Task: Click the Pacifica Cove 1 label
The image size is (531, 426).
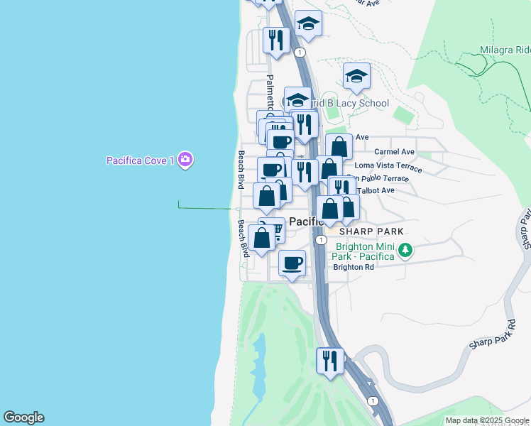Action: coord(141,160)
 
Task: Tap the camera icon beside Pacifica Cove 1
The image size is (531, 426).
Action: coord(185,160)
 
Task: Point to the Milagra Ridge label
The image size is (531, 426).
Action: coord(504,50)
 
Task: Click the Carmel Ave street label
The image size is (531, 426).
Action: coord(394,151)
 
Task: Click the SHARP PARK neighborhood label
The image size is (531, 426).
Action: coord(371,231)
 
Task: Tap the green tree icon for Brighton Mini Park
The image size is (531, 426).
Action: coord(405,250)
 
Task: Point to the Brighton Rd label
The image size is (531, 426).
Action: coord(354,267)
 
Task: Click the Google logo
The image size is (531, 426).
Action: coord(23,417)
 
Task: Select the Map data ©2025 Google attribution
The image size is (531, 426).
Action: coord(488,420)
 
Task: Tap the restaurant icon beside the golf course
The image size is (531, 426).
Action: coord(330,361)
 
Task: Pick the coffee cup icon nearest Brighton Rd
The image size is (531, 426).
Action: coord(292,263)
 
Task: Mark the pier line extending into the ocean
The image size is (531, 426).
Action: coord(206,208)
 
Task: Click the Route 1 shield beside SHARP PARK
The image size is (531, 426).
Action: coord(322,240)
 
